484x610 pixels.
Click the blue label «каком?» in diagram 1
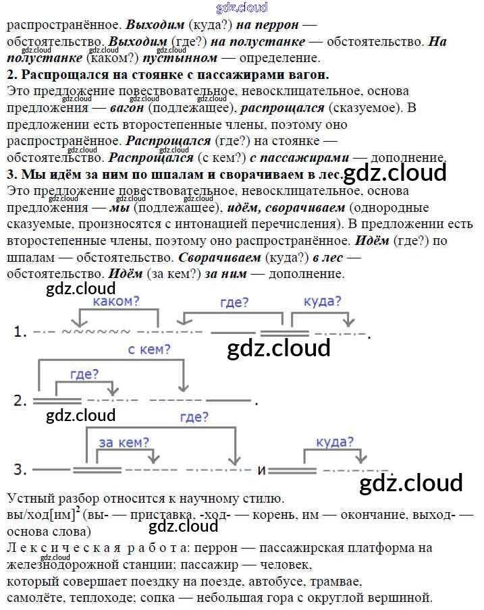(x=115, y=301)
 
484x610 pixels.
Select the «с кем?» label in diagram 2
(x=149, y=350)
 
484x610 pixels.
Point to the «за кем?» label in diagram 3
(x=124, y=443)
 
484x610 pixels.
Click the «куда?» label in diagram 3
(x=335, y=442)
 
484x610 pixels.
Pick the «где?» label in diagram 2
(x=84, y=375)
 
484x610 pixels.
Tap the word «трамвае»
(x=338, y=580)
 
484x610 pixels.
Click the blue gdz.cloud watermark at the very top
(x=242, y=7)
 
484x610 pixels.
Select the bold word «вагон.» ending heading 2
(x=313, y=74)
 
